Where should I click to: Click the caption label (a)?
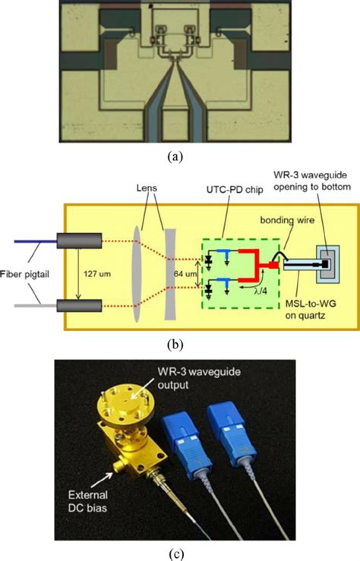[x=179, y=157]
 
